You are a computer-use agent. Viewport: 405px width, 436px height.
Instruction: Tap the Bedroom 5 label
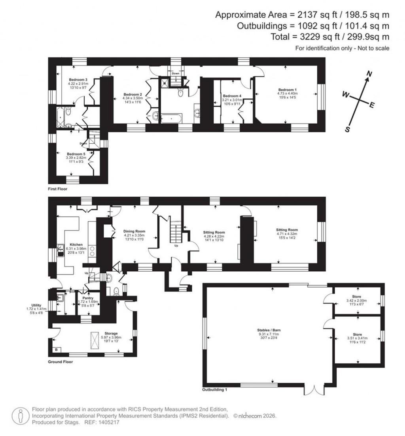coord(76,154)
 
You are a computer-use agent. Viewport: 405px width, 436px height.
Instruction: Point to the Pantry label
coord(87,298)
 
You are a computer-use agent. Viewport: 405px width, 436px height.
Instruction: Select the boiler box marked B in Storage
coord(56,349)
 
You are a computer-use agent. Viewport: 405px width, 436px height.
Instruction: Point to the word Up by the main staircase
coord(176,245)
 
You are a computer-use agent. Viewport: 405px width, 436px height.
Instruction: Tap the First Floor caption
coord(58,189)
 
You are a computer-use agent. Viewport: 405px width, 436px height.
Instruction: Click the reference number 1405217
coord(108,422)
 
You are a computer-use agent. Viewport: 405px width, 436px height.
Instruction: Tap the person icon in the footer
coord(19,416)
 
